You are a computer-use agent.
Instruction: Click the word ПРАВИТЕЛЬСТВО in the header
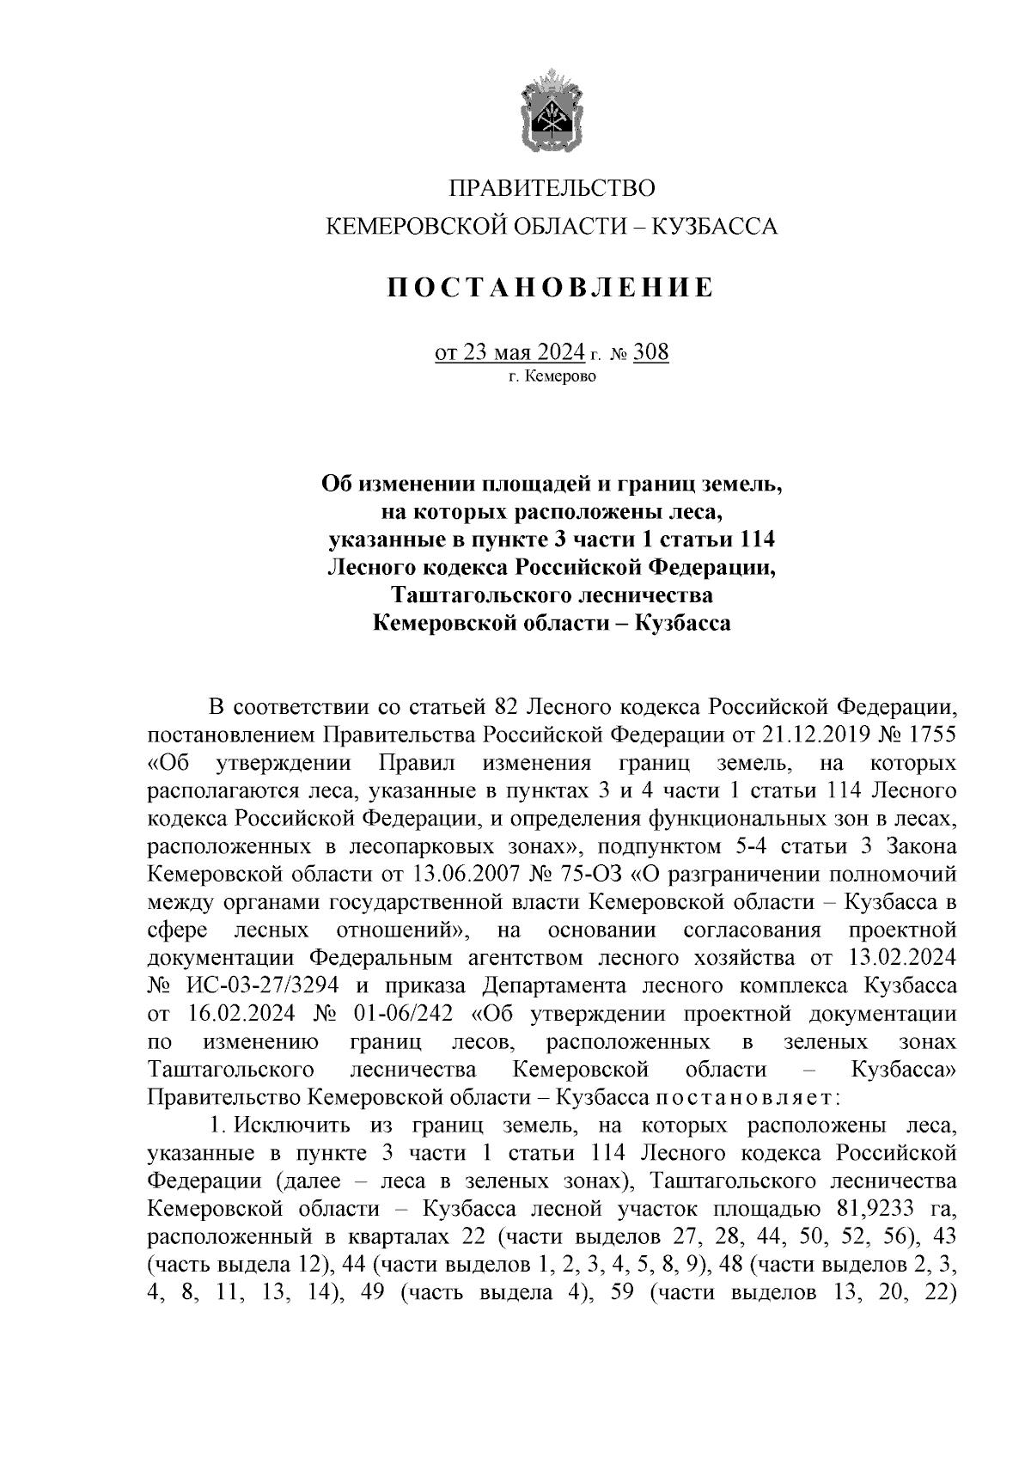(552, 188)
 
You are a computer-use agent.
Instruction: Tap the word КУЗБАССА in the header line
(715, 227)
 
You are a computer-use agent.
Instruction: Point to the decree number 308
(650, 352)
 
